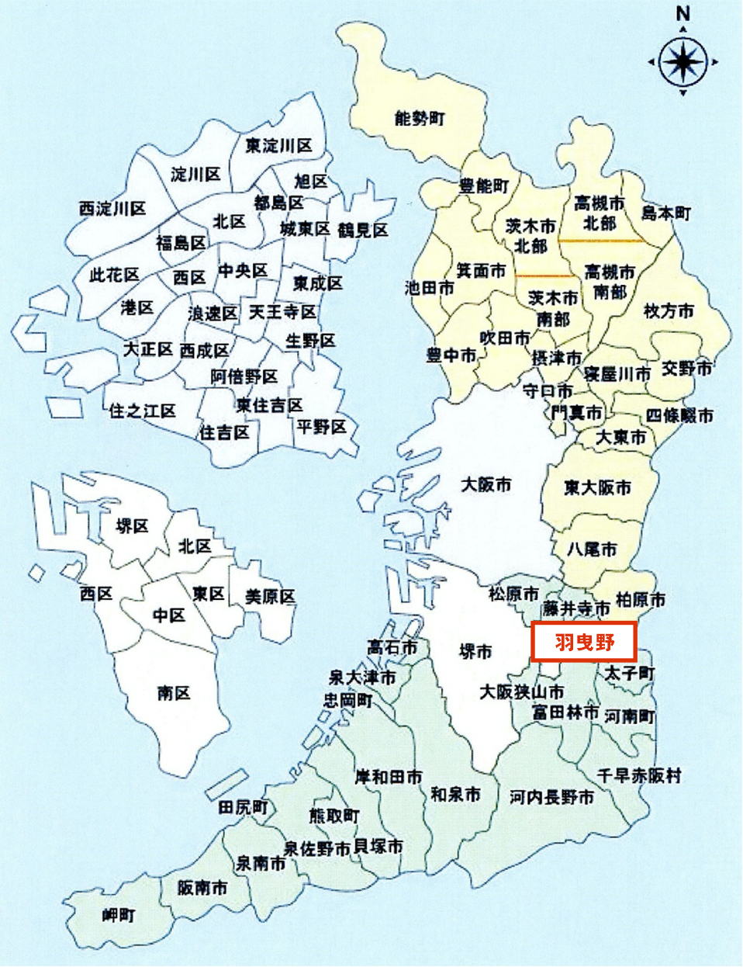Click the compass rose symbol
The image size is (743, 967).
683,61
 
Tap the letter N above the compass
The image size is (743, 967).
683,13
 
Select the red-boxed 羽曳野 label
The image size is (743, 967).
584,642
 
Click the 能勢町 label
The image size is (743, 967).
420,119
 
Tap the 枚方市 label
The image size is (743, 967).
669,311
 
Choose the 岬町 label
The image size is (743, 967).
119,915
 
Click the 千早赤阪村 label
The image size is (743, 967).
639,775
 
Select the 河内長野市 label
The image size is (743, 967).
551,796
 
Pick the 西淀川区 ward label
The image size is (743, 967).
112,209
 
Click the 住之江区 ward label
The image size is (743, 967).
143,410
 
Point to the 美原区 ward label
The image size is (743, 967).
270,596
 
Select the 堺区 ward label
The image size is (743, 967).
132,526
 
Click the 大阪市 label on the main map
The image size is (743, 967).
486,484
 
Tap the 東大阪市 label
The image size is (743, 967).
597,487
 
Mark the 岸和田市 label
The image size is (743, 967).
389,776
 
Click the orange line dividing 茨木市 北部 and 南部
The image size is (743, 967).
547,276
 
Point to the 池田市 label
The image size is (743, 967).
430,288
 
